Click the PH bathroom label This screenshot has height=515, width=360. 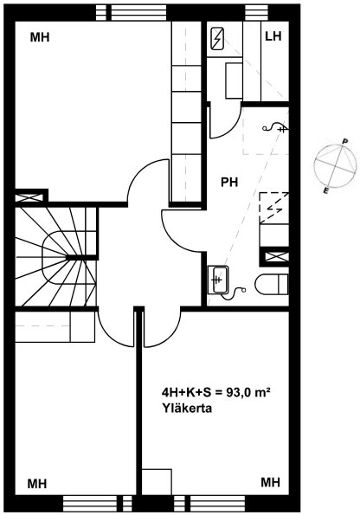(229, 182)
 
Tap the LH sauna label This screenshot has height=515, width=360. (273, 36)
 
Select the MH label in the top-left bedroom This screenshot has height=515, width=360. (40, 37)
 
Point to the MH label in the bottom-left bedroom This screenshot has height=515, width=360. (37, 484)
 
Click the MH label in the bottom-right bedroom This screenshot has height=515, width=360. (270, 482)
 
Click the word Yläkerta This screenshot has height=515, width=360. (187, 409)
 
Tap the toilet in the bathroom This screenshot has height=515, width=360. (272, 285)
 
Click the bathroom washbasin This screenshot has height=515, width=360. (218, 280)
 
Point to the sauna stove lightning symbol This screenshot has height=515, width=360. (217, 39)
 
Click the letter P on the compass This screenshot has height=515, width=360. (345, 142)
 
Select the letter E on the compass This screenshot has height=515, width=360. (325, 191)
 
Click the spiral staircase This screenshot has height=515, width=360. (56, 257)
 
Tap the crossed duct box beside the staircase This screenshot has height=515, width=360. (29, 198)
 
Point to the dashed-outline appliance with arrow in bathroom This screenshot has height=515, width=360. (274, 208)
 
